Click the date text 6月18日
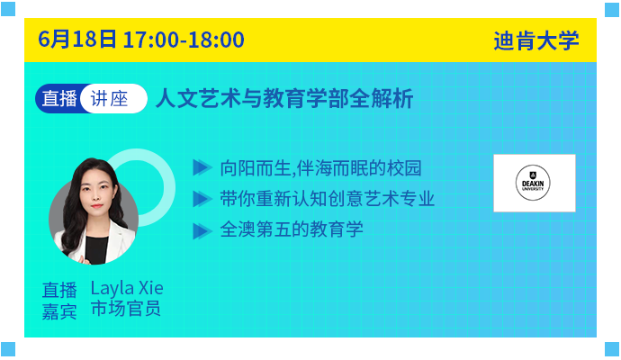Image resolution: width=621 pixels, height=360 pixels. [x=77, y=40]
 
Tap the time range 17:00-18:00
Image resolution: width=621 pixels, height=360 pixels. [x=184, y=40]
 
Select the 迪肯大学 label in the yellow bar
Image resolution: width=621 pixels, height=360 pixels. [x=535, y=40]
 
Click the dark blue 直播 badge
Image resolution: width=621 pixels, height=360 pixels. [x=59, y=98]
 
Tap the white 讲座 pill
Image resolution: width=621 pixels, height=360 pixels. [x=112, y=98]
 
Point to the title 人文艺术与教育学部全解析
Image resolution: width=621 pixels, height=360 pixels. [x=284, y=98]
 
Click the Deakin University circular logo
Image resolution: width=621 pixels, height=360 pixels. [x=533, y=183]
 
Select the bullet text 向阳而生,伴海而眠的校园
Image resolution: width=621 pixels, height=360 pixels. [x=320, y=168]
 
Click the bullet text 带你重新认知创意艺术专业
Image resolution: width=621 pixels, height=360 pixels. [x=327, y=199]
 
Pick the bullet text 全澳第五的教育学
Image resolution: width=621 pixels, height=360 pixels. [x=292, y=229]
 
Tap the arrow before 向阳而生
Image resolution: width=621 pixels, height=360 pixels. [x=202, y=167]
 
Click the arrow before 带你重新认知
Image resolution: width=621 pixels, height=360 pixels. [x=202, y=199]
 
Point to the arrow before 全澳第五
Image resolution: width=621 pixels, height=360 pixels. [x=202, y=231]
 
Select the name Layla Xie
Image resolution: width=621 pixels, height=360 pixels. [x=127, y=288]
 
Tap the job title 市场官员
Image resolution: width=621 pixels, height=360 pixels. [x=125, y=309]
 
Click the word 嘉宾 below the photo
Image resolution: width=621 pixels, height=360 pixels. [x=59, y=311]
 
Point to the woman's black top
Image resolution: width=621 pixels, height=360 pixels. [x=96, y=249]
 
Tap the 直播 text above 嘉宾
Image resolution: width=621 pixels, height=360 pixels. [x=59, y=290]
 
